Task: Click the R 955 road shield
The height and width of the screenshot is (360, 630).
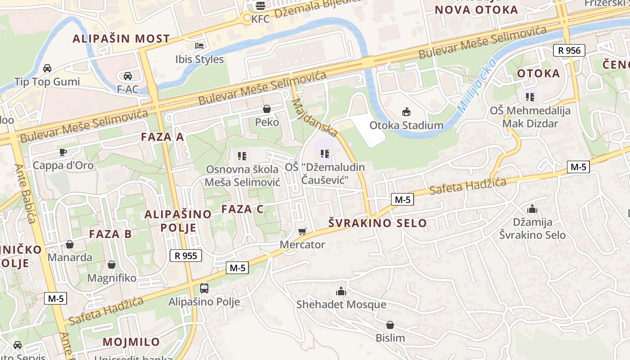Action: [x=186, y=256]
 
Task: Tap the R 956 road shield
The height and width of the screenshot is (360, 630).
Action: [x=569, y=50]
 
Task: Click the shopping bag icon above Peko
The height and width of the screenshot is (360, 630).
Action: [x=267, y=109]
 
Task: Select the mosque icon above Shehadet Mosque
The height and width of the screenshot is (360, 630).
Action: [x=341, y=291]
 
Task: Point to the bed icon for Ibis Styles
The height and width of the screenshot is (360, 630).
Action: [x=199, y=45]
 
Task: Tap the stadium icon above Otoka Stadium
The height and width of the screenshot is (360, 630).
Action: [x=406, y=112]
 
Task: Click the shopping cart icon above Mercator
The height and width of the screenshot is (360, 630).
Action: [x=302, y=231]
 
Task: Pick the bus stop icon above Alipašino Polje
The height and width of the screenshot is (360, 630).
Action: [x=204, y=288]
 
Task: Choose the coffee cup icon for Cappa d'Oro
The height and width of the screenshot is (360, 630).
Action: [x=63, y=152]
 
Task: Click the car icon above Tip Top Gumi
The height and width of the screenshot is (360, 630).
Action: [x=47, y=68]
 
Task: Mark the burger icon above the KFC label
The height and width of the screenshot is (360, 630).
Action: [x=260, y=5]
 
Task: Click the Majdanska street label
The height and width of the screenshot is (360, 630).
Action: [x=315, y=117]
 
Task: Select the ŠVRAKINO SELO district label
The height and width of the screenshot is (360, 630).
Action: [x=378, y=223]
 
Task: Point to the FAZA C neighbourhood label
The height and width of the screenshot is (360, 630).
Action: [x=243, y=209]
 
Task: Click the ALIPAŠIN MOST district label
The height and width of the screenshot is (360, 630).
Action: [x=121, y=39]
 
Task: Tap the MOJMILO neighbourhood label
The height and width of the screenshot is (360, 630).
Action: [x=131, y=342]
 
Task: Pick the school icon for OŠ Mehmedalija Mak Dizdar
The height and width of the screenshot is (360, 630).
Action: [x=530, y=97]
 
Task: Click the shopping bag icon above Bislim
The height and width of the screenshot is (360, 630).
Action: [x=390, y=325]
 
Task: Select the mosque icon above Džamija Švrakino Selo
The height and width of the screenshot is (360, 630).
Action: [x=532, y=209]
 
